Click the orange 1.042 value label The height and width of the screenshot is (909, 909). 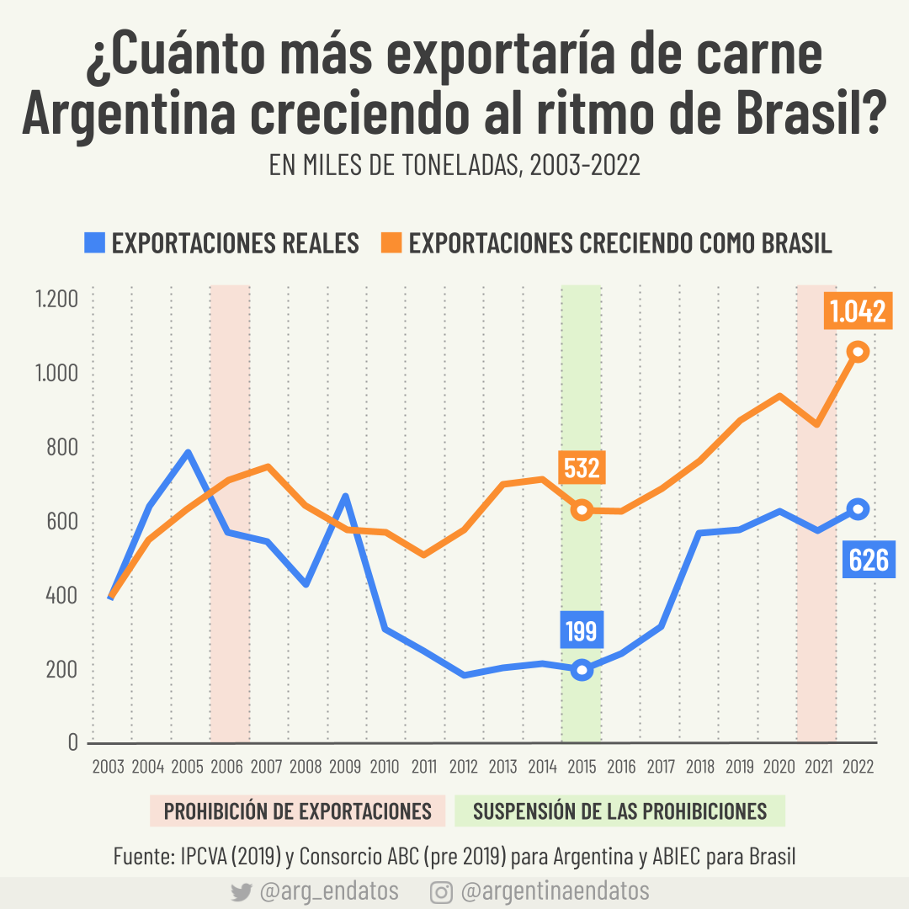tap(858, 311)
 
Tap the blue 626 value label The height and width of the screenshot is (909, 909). tap(869, 560)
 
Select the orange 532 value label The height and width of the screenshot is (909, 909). tap(582, 468)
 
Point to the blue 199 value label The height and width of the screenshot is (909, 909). tap(581, 631)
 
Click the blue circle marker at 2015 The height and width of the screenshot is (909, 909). tap(582, 670)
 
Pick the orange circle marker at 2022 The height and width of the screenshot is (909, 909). tap(858, 352)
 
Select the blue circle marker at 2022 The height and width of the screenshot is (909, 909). tap(858, 508)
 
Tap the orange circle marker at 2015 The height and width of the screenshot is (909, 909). tap(582, 509)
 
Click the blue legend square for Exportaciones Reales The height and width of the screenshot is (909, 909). tap(94, 243)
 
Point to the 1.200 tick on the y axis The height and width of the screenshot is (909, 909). tap(56, 300)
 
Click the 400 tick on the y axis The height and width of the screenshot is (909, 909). tap(61, 596)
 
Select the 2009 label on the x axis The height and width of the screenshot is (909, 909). tap(344, 767)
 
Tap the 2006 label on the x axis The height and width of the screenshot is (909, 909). tap(226, 767)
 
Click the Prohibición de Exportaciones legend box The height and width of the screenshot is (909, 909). tap(297, 811)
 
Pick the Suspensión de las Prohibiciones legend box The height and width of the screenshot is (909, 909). tap(619, 811)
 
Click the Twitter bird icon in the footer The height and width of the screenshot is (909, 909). tap(241, 892)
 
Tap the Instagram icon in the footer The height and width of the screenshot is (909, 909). tap(440, 892)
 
